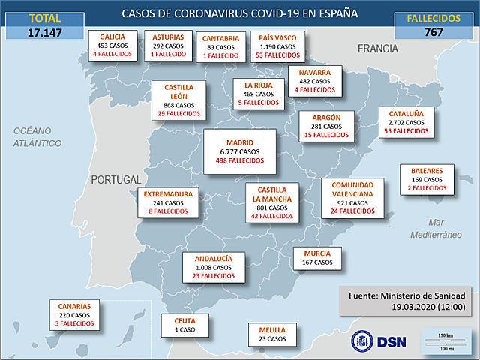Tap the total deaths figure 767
tap(433, 31)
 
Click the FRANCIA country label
tap(377, 49)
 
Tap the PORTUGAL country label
tap(115, 180)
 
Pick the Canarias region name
tap(75, 306)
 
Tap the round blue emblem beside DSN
tap(364, 340)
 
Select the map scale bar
tap(444, 340)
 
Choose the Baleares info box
tap(426, 179)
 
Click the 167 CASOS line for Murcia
tap(317, 262)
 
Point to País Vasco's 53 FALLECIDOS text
tap(277, 55)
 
